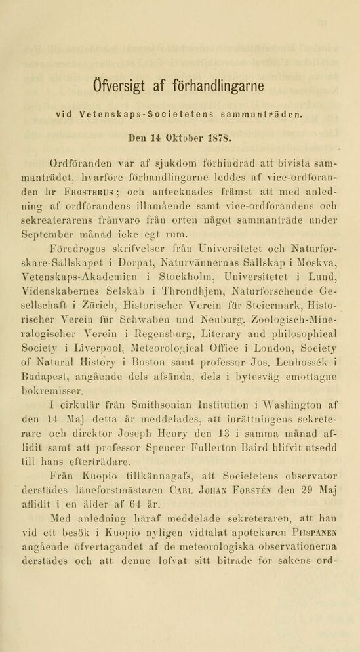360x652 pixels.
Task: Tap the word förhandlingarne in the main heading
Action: pyautogui.click(x=220, y=87)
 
